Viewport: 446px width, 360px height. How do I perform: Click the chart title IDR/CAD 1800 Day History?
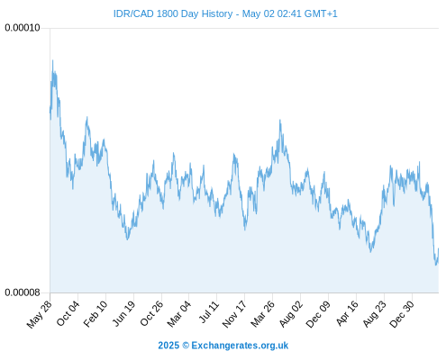173,13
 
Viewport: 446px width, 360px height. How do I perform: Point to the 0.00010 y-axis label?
23,28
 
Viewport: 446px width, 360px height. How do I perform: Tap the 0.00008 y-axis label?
23,292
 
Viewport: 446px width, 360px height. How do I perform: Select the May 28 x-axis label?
40,314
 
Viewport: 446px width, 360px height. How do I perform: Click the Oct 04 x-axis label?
68,313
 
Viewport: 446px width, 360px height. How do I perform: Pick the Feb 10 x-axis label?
96,313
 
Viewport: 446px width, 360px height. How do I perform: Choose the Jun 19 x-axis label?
123,313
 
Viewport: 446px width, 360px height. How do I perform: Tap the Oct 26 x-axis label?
151,313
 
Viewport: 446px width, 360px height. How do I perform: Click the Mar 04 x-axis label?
179,313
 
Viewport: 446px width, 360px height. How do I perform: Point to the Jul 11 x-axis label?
209,311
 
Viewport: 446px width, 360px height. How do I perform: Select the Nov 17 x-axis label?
234,314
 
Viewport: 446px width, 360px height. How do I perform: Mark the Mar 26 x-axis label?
262,313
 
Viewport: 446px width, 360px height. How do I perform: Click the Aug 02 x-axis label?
291,313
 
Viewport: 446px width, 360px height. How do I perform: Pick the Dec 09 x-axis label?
318,313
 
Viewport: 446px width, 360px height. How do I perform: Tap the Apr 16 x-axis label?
347,313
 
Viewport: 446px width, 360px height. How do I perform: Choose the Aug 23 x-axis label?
374,313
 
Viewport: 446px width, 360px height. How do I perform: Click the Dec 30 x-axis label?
402,313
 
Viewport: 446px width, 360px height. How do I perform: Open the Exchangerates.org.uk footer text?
240,346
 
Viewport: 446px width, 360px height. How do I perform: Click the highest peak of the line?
52,60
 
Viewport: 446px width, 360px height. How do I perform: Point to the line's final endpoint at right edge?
439,248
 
